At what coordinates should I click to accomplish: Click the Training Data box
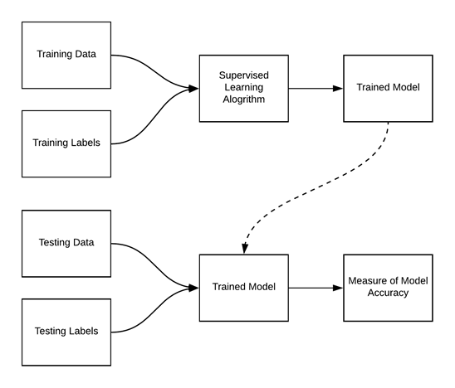[66, 56]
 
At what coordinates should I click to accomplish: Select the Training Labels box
[66, 143]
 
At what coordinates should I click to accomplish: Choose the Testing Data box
[66, 243]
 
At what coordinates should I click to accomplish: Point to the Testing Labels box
[66, 331]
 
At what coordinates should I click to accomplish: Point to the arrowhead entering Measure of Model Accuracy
[338, 288]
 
